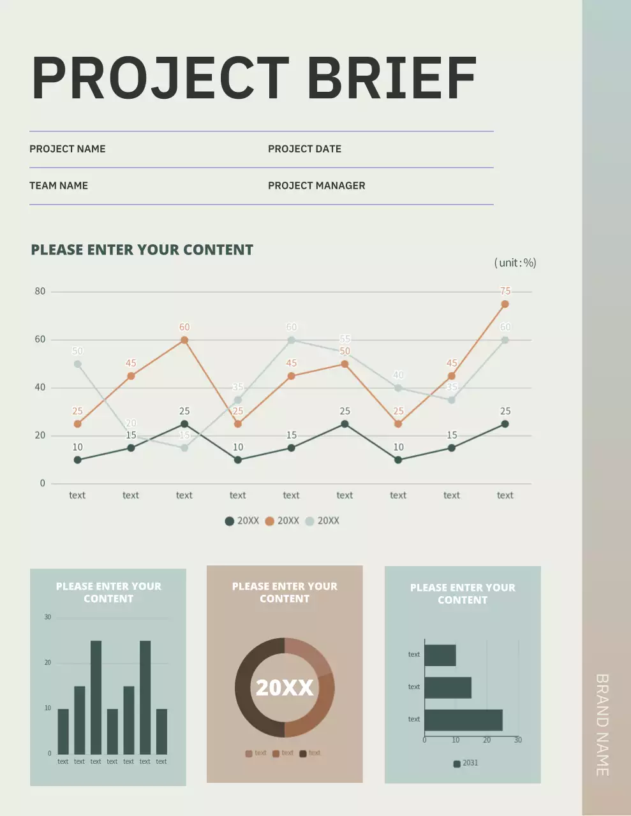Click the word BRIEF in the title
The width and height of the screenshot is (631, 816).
pyautogui.click(x=392, y=78)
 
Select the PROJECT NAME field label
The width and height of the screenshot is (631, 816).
pyautogui.click(x=68, y=149)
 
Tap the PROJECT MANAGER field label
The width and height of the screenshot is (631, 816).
pyautogui.click(x=316, y=186)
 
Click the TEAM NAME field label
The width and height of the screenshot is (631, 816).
pyautogui.click(x=59, y=186)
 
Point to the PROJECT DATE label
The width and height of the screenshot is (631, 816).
pyautogui.click(x=304, y=149)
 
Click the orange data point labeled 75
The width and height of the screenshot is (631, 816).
pyautogui.click(x=505, y=304)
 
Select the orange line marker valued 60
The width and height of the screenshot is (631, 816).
pyautogui.click(x=184, y=340)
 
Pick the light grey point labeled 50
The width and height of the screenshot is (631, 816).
pyautogui.click(x=77, y=364)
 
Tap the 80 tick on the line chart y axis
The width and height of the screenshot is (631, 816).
pyautogui.click(x=40, y=291)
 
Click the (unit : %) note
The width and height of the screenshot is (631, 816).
pyautogui.click(x=515, y=263)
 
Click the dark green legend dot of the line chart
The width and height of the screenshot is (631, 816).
pyautogui.click(x=230, y=521)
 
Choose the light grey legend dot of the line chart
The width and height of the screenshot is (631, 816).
pyautogui.click(x=309, y=521)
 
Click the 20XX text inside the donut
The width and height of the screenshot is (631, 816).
pyautogui.click(x=285, y=687)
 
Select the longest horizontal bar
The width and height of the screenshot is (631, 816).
pyautogui.click(x=463, y=720)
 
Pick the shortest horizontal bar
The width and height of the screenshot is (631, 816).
pyautogui.click(x=440, y=655)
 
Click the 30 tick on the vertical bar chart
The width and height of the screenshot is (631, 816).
pyautogui.click(x=47, y=617)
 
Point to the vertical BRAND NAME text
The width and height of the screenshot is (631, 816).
pyautogui.click(x=602, y=725)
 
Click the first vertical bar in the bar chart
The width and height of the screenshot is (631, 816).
pyautogui.click(x=63, y=731)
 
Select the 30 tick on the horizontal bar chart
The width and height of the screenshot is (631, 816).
pyautogui.click(x=517, y=740)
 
